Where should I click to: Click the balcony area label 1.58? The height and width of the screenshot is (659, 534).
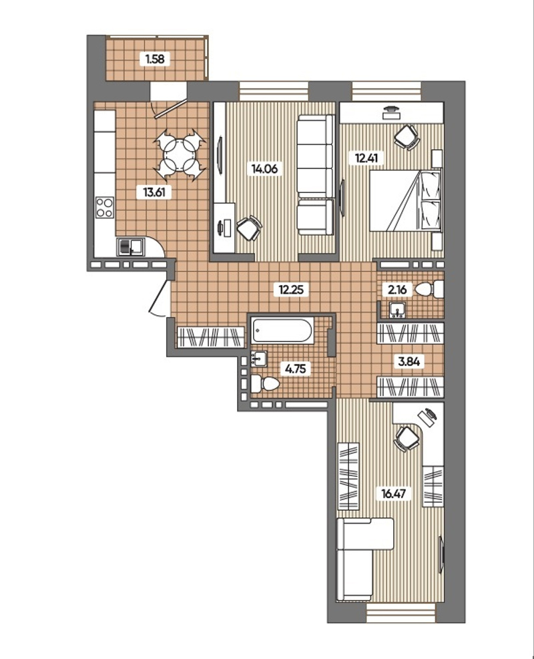tap(155, 59)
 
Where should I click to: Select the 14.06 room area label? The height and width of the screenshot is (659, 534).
tap(264, 169)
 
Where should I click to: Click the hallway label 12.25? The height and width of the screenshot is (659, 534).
tap(291, 289)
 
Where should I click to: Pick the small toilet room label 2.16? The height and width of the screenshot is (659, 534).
tap(397, 289)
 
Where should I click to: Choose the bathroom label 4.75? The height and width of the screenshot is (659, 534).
tap(295, 369)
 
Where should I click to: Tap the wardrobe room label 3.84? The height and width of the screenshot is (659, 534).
tap(409, 361)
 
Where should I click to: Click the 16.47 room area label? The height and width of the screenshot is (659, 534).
tap(393, 493)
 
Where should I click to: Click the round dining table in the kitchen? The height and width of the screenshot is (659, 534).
tap(180, 155)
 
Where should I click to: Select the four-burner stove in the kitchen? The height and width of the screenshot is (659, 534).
tap(105, 207)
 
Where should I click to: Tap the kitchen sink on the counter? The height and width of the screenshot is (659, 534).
tap(131, 246)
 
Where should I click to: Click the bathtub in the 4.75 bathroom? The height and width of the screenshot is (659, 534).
tap(282, 331)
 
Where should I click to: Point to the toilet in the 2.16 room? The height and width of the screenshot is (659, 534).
tap(429, 289)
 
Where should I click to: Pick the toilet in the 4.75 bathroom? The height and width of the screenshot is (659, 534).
tap(265, 384)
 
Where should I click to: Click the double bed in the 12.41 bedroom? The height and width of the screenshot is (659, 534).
tap(405, 200)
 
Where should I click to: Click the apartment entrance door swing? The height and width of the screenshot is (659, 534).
tap(161, 298)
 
